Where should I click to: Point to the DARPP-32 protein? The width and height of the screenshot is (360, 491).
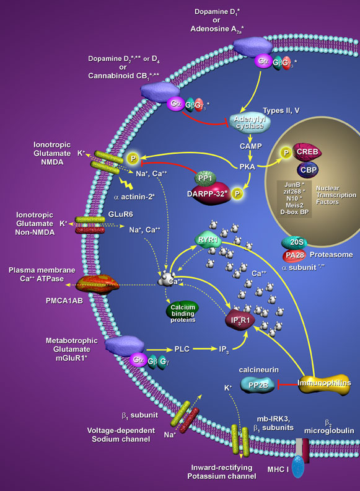coord(204,193)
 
